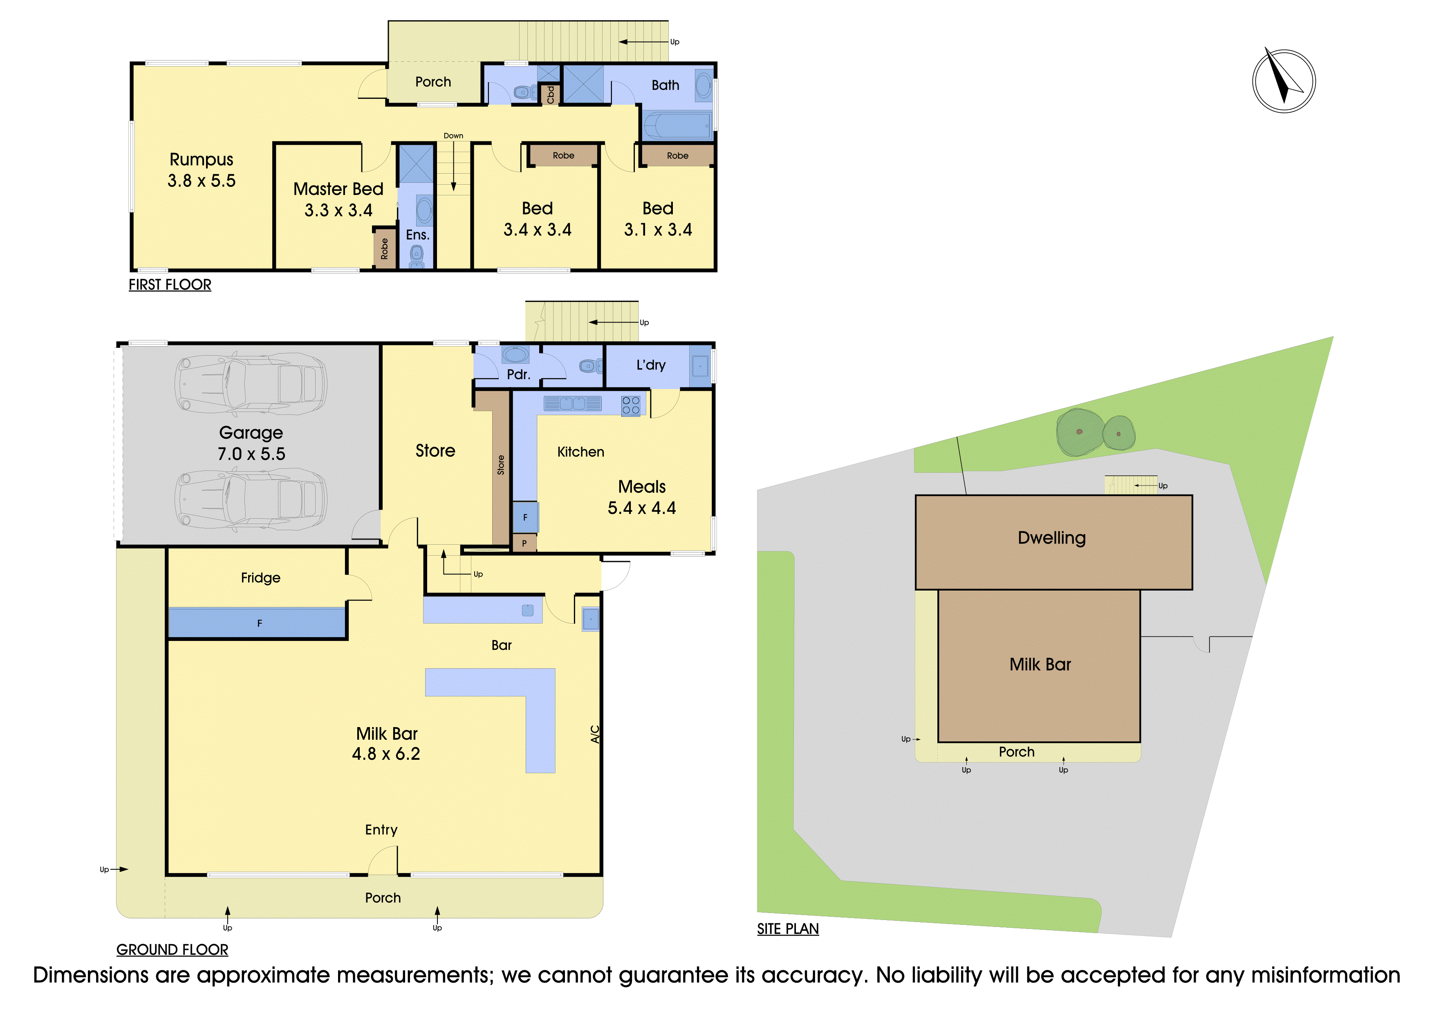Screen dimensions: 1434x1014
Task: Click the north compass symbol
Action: (x=1284, y=81)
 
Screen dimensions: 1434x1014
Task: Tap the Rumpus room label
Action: (x=201, y=160)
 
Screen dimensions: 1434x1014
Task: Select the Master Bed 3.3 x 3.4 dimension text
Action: (x=338, y=210)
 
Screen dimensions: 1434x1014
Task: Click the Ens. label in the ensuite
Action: (x=418, y=235)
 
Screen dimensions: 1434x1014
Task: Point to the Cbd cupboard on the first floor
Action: (x=550, y=94)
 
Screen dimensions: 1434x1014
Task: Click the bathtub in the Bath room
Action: (x=677, y=125)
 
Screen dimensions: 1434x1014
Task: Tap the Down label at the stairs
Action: (x=453, y=136)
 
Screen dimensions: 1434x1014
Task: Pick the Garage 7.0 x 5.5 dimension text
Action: (x=251, y=454)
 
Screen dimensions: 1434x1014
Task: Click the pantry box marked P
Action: (x=524, y=543)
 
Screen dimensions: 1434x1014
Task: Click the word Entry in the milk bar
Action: (x=381, y=830)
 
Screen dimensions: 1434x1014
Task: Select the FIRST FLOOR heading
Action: (x=170, y=285)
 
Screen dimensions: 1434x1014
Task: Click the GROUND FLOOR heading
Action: (x=173, y=950)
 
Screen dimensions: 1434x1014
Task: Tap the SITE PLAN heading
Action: (x=788, y=929)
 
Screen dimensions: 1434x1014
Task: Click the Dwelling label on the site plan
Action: (x=1052, y=538)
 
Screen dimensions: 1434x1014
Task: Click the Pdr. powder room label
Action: (x=518, y=375)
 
